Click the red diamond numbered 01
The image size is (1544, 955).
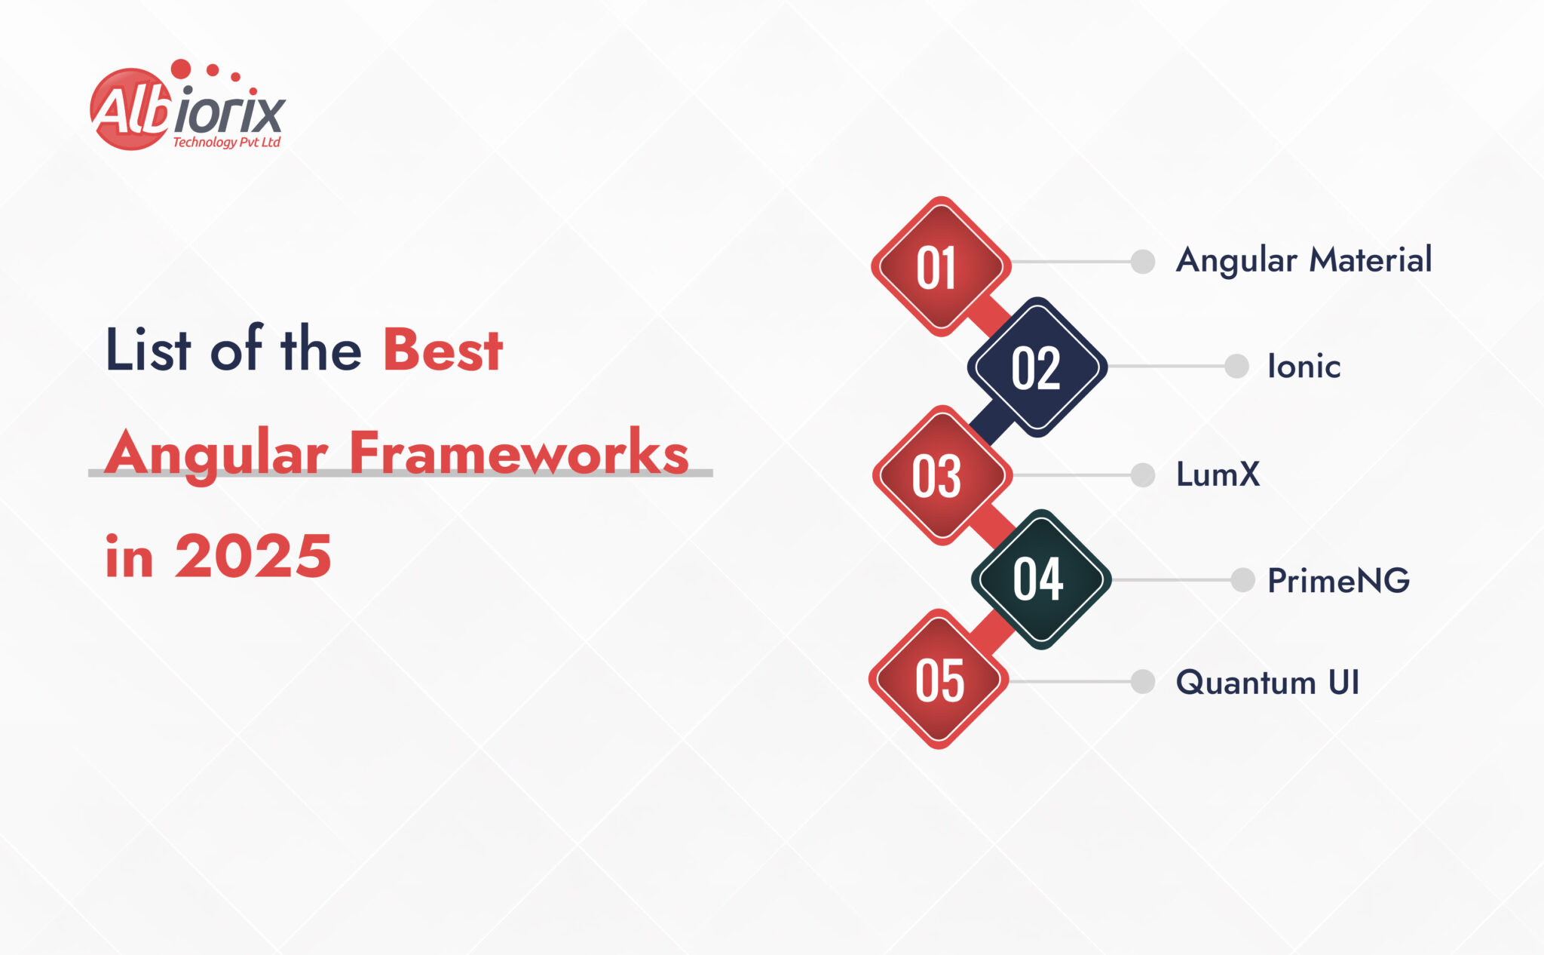pyautogui.click(x=940, y=266)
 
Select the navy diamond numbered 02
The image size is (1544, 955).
pyautogui.click(x=1037, y=367)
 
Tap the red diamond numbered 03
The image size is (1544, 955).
pyautogui.click(x=941, y=475)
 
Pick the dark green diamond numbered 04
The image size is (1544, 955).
pyautogui.click(x=1040, y=579)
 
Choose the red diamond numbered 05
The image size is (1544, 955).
pyautogui.click(x=939, y=679)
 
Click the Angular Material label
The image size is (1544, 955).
pyautogui.click(x=1304, y=260)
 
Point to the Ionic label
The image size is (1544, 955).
pyautogui.click(x=1304, y=367)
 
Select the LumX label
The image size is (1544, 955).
pyautogui.click(x=1218, y=474)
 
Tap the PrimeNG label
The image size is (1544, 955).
pyautogui.click(x=1338, y=580)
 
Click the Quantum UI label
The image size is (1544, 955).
pyautogui.click(x=1267, y=682)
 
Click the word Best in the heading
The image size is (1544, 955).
pyautogui.click(x=443, y=350)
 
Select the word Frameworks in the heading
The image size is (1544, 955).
pyautogui.click(x=519, y=453)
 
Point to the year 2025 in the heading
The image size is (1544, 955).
pyautogui.click(x=253, y=556)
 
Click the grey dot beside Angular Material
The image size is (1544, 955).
pyautogui.click(x=1143, y=262)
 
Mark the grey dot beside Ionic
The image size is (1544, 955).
pyautogui.click(x=1236, y=367)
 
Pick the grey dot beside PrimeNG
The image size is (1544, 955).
pyautogui.click(x=1242, y=580)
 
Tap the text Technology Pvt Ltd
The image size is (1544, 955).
pyautogui.click(x=226, y=142)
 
